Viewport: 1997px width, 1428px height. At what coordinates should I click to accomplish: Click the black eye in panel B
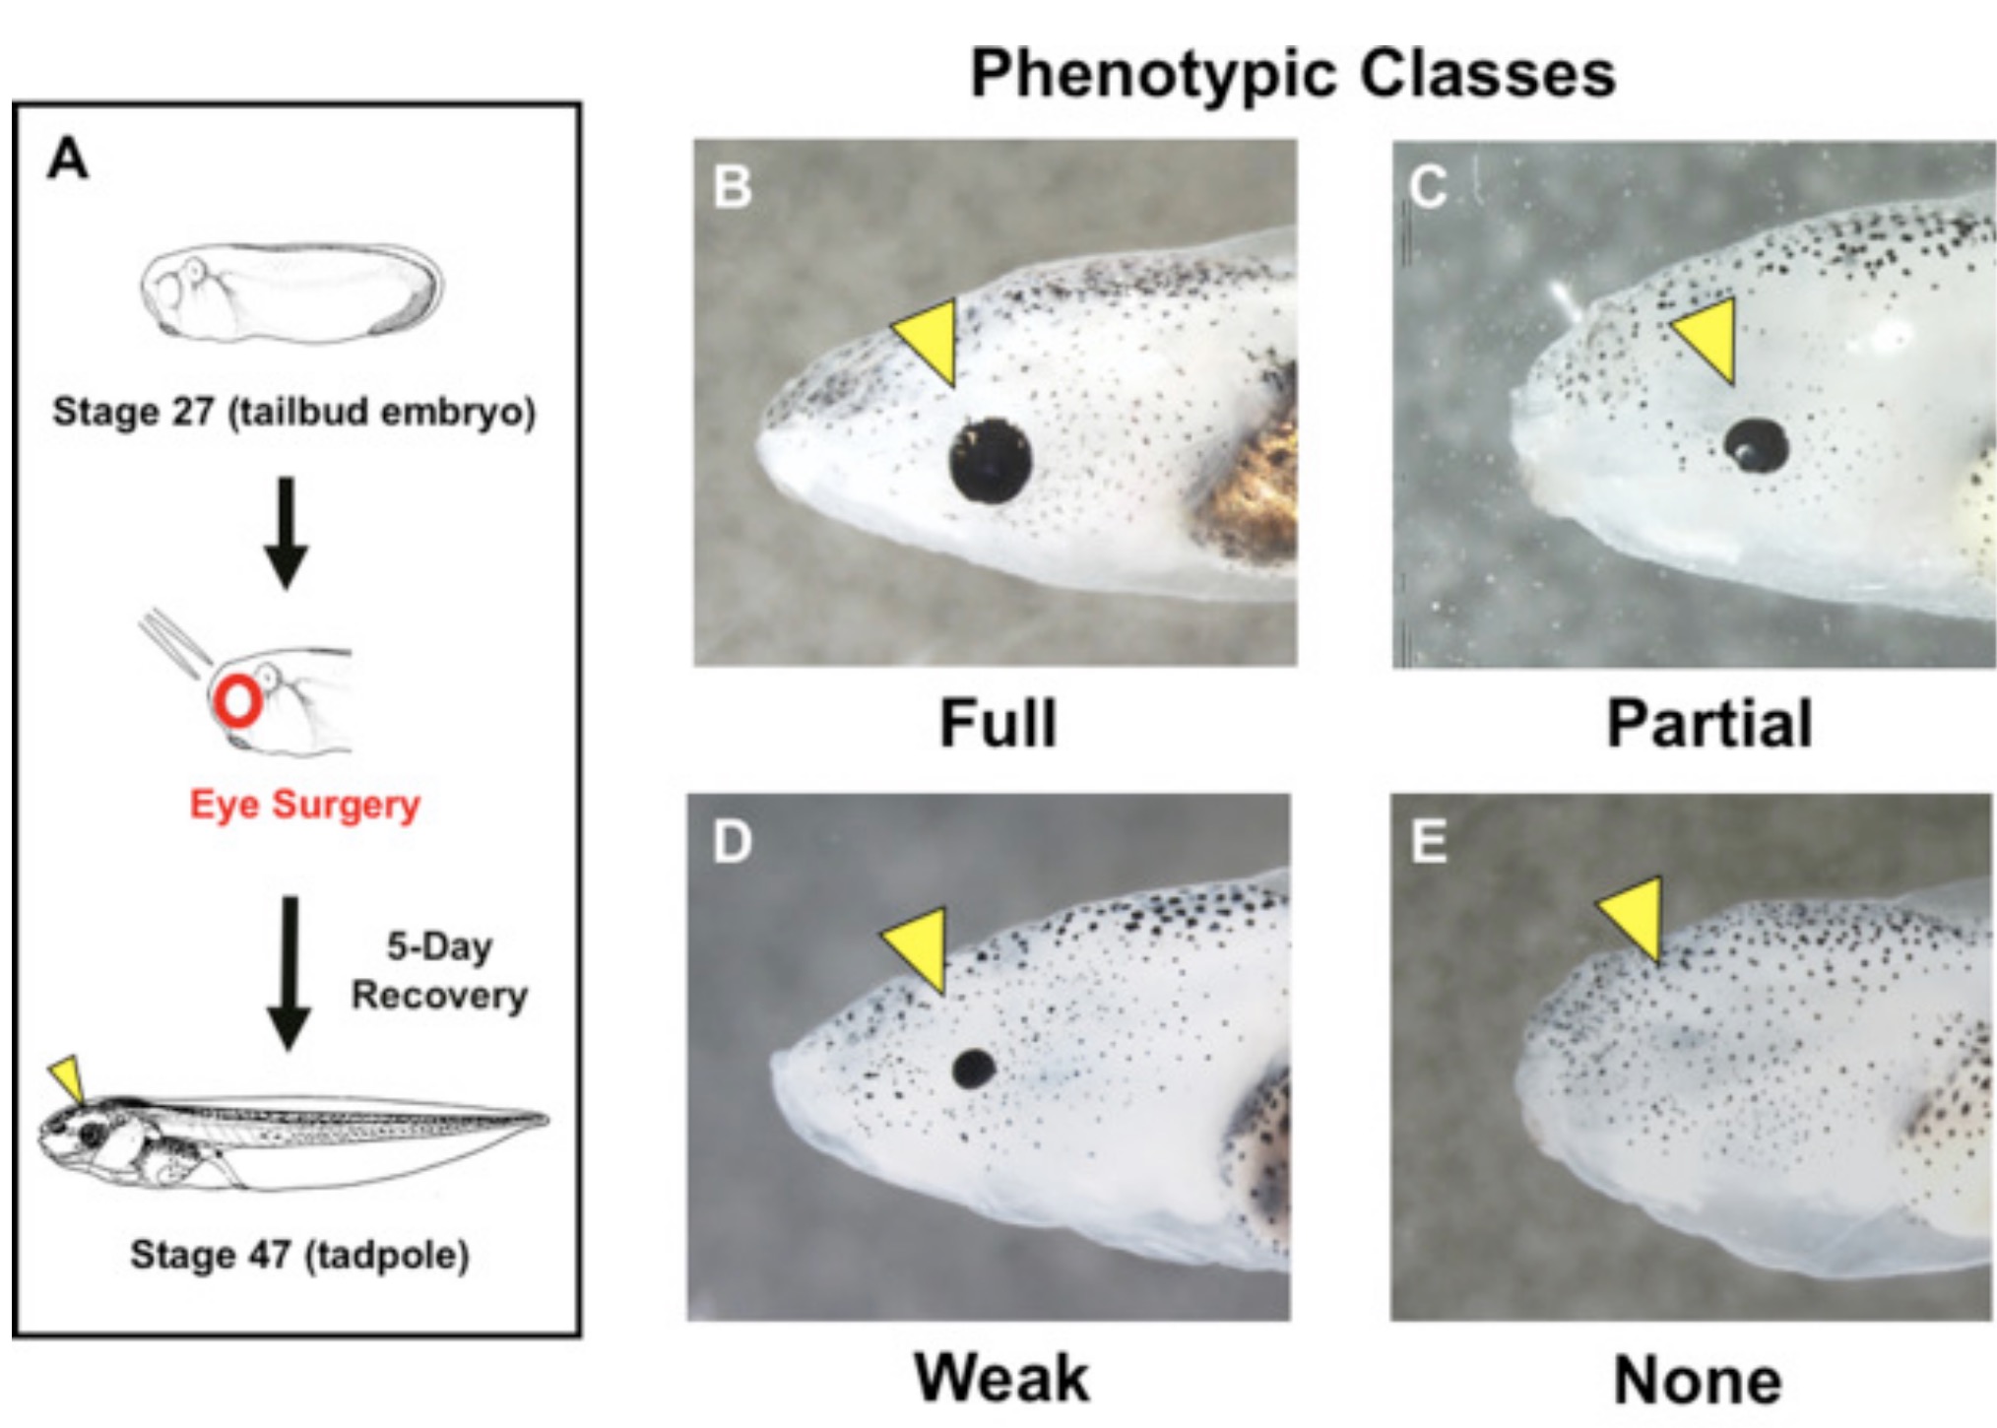(x=990, y=461)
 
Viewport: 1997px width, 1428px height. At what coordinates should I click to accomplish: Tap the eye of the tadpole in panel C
(x=1757, y=445)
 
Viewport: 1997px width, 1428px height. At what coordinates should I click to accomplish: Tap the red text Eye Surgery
(x=304, y=805)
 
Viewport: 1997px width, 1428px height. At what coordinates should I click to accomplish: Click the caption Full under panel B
(x=998, y=724)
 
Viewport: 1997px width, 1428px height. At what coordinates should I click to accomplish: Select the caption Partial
(x=1708, y=724)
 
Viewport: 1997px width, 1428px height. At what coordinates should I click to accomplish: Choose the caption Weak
(x=1001, y=1378)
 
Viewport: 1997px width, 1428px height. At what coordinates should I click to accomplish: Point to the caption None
(x=1698, y=1381)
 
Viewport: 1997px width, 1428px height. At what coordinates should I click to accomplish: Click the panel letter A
(x=68, y=159)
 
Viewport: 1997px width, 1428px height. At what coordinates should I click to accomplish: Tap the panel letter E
(x=1429, y=842)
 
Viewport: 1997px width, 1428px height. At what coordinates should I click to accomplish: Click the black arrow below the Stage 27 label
(x=286, y=533)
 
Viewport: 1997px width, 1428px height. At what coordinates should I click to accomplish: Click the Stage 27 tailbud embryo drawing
(x=291, y=290)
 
